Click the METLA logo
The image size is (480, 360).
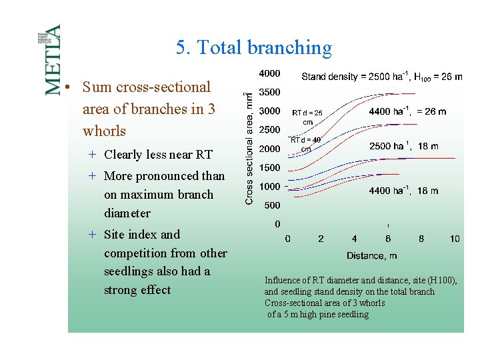[x=52, y=59]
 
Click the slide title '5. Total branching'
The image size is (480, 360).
[x=253, y=47]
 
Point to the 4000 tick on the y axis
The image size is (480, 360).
[x=269, y=73]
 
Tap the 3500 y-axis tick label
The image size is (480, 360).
[x=269, y=92]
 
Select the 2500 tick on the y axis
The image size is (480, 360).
[x=269, y=129]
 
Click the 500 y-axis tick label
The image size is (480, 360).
[x=272, y=205]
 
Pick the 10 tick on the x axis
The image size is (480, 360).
[x=455, y=239]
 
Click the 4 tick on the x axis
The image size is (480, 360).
[x=354, y=239]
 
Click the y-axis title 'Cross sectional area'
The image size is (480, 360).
[x=249, y=148]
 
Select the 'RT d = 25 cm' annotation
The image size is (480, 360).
[x=307, y=117]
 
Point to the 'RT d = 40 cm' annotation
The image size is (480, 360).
[x=305, y=144]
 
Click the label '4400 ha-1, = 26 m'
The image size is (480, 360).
[x=407, y=111]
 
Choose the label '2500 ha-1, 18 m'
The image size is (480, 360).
[x=403, y=146]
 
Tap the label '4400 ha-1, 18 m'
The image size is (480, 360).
[x=403, y=191]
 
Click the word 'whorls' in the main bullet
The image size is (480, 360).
[x=104, y=131]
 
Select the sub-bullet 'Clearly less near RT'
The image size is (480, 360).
[x=158, y=155]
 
